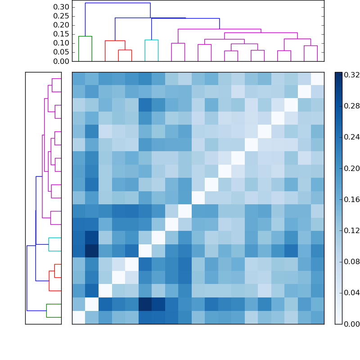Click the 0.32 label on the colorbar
tap(351, 75)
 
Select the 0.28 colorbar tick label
tap(351, 106)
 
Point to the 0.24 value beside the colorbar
tap(351, 137)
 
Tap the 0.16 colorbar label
tap(351, 199)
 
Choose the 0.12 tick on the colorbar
tap(351, 230)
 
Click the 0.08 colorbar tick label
tap(351, 261)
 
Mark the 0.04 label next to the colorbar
tap(351, 292)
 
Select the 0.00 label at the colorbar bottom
tap(351, 324)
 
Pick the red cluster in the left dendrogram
tap(55, 277)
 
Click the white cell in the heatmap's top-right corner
tap(317, 79)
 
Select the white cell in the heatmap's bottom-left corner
tap(79, 317)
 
